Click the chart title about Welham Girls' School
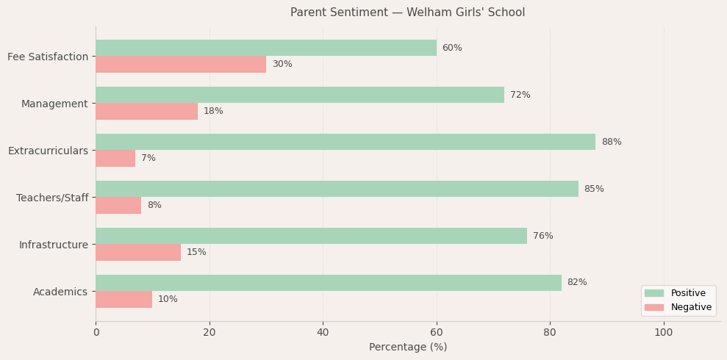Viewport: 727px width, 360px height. pyautogui.click(x=407, y=12)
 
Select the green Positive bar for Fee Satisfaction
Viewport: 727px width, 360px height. pyautogui.click(x=265, y=48)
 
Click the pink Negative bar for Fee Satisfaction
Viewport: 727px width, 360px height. pyautogui.click(x=181, y=64)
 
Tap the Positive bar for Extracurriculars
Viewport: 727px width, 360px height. pyautogui.click(x=345, y=142)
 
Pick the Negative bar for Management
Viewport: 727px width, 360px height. pyautogui.click(x=146, y=111)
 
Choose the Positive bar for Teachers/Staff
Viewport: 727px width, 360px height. pyautogui.click(x=337, y=189)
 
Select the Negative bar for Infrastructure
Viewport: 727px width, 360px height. pyautogui.click(x=138, y=252)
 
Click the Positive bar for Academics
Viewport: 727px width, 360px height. pyautogui.click(x=329, y=283)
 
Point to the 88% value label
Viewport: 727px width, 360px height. pyautogui.click(x=611, y=142)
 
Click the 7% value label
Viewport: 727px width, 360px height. pyautogui.click(x=148, y=158)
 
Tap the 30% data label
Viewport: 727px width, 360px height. pyautogui.click(x=282, y=64)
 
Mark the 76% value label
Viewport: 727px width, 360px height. pyautogui.click(x=543, y=236)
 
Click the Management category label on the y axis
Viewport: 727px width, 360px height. pyautogui.click(x=54, y=104)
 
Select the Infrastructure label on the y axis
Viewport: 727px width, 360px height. pyautogui.click(x=53, y=245)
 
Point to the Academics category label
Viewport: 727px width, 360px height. pyautogui.click(x=60, y=292)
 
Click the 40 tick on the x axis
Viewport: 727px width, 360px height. pyautogui.click(x=323, y=333)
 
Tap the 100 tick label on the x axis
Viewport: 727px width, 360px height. pyautogui.click(x=664, y=333)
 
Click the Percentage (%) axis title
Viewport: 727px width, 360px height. pyautogui.click(x=407, y=348)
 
